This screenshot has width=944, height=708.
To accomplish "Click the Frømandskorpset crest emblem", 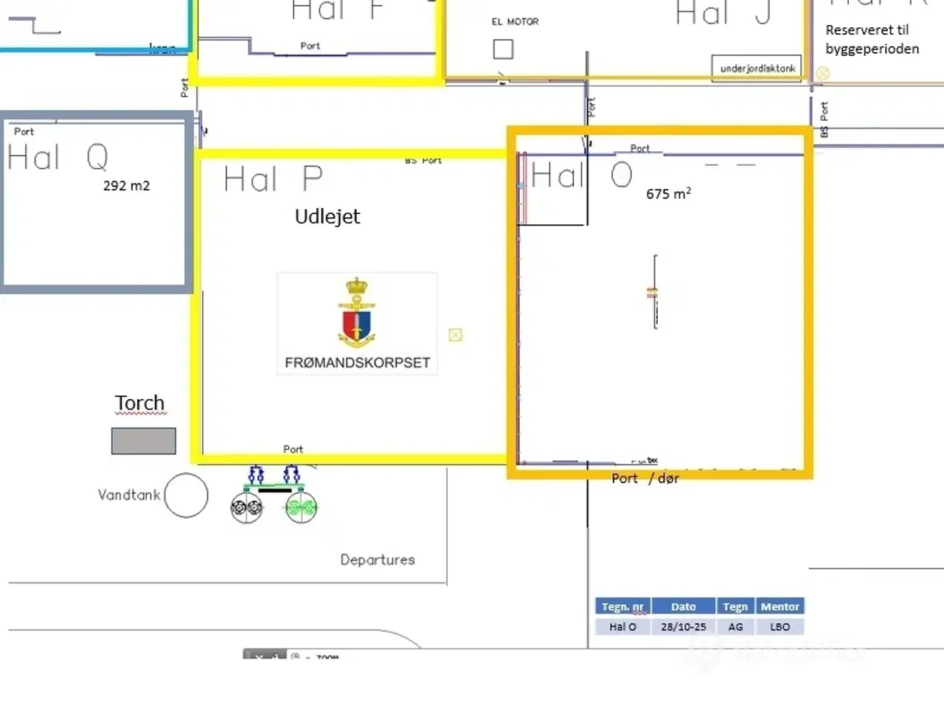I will [x=357, y=313].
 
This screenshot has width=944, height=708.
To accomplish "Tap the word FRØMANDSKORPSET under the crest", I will [x=357, y=363].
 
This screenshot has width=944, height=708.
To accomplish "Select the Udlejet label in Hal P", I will [x=327, y=217].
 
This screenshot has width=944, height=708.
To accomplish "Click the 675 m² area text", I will [x=668, y=194].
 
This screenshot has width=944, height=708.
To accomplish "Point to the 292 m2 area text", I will [x=126, y=186].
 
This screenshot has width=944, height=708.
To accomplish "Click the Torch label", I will [x=139, y=403].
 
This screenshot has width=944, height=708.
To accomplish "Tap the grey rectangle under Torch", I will [x=144, y=441].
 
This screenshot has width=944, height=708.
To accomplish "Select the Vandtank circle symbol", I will [x=186, y=496].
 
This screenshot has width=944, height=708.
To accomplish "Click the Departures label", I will [x=377, y=560].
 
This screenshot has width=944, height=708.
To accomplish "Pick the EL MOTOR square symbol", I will [x=503, y=49].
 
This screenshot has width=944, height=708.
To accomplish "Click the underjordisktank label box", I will [x=757, y=68].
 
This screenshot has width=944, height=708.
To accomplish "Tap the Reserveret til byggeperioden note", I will [x=872, y=40].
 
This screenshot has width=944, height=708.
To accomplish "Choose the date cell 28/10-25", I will [x=683, y=627].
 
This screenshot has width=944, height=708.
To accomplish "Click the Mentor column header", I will [x=780, y=607].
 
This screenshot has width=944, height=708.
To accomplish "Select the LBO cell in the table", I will [x=780, y=627].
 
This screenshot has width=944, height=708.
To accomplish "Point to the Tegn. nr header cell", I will [x=622, y=607].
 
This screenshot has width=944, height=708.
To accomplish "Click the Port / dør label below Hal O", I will [x=645, y=479].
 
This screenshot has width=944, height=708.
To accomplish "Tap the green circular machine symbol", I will [x=301, y=507].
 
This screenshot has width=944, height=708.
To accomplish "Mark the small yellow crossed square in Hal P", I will [x=455, y=335].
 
